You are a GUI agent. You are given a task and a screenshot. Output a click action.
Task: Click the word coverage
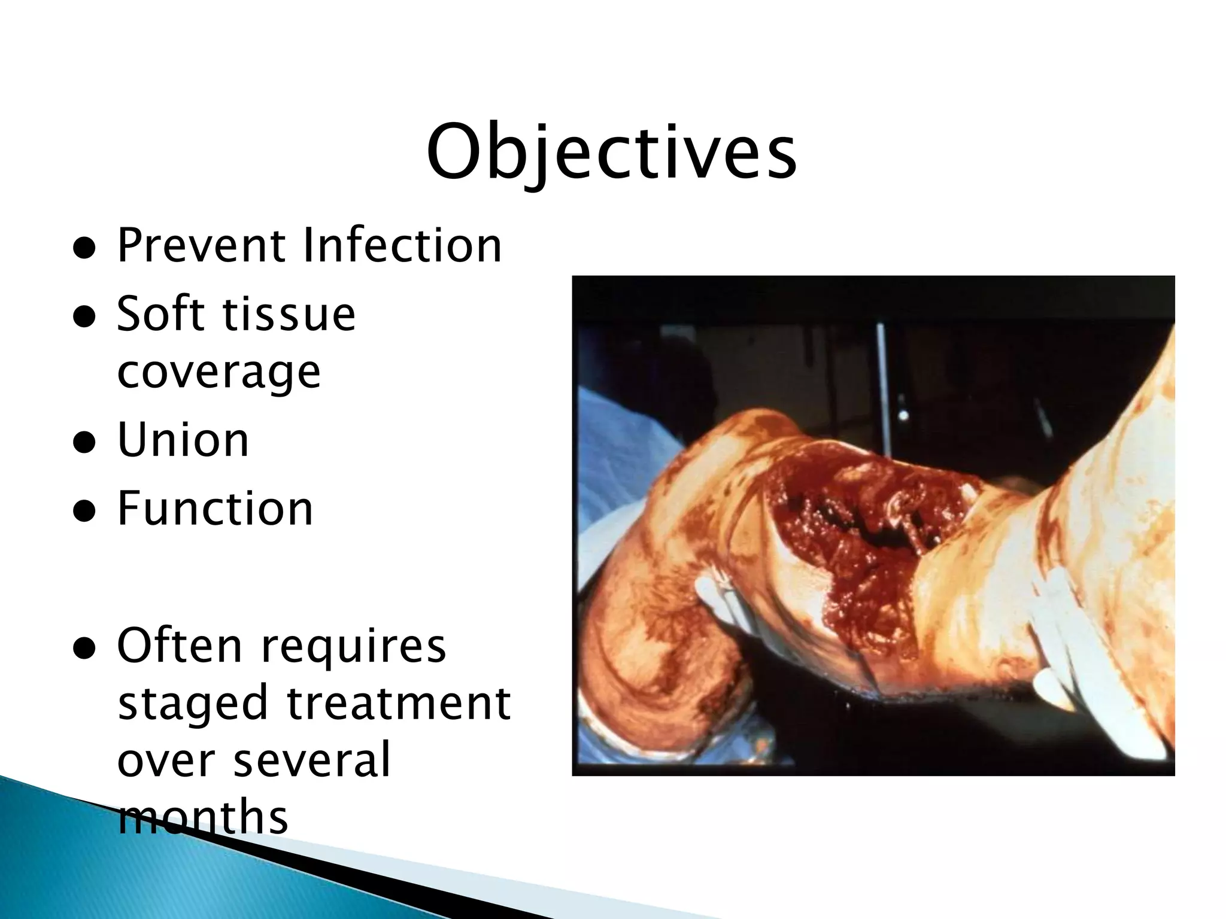click(x=219, y=372)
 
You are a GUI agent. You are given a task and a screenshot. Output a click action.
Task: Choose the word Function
click(x=215, y=509)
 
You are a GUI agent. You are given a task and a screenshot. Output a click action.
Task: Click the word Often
click(x=180, y=646)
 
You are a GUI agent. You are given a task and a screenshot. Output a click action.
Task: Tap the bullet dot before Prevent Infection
click(x=84, y=249)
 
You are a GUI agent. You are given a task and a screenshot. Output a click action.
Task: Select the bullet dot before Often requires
click(x=84, y=648)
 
